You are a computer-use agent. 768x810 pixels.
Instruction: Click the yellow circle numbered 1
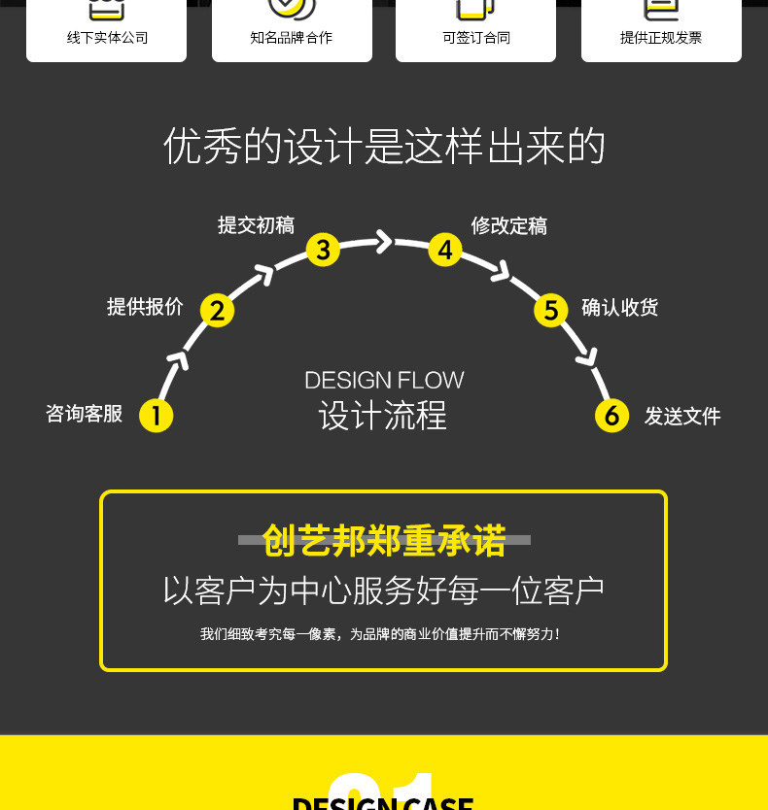[156, 416]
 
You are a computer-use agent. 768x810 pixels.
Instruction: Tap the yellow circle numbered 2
[217, 310]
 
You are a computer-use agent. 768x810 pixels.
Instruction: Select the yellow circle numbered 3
[323, 250]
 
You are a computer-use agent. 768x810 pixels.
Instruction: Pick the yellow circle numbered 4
[444, 250]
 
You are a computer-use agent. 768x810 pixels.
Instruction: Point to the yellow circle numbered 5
[550, 310]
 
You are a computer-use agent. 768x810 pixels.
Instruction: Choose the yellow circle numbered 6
[611, 416]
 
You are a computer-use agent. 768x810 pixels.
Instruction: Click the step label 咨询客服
[85, 414]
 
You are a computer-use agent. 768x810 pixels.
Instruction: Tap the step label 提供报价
[145, 307]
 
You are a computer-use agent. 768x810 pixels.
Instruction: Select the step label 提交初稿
[256, 225]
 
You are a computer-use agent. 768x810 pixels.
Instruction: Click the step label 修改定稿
[509, 225]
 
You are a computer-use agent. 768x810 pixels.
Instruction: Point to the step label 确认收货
[620, 307]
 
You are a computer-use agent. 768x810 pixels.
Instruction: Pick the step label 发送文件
[682, 417]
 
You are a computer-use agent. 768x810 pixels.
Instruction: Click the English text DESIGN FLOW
[384, 380]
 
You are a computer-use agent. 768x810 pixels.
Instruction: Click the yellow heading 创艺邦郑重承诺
[384, 541]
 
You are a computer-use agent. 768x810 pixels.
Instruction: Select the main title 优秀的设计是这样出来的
[384, 147]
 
